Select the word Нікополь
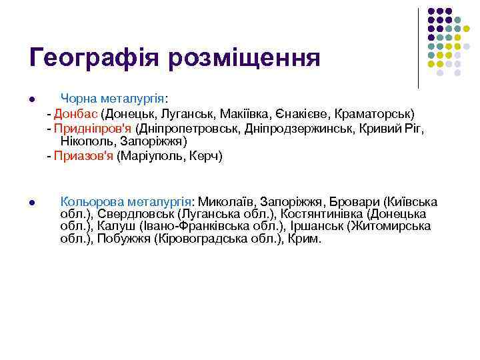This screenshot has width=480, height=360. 87,141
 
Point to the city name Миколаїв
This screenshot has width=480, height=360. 226,201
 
